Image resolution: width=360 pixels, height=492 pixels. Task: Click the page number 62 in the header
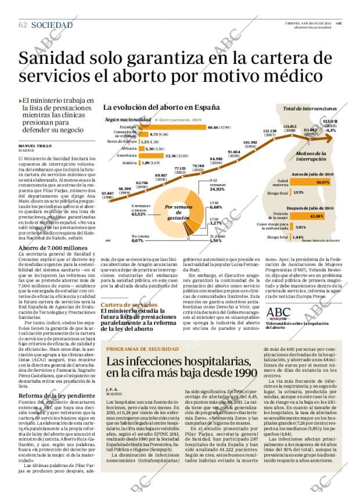coord(23,25)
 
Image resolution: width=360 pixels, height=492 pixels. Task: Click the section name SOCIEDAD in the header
coord(52,25)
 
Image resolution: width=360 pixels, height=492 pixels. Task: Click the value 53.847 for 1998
coord(107,193)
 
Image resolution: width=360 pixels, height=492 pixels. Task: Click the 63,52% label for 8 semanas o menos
coord(139,214)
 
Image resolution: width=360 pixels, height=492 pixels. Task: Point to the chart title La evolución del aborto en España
coord(153,107)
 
